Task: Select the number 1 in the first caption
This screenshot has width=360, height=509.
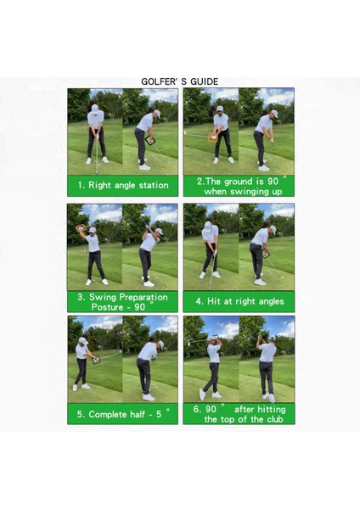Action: click(x=81, y=184)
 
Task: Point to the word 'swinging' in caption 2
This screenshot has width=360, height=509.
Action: click(x=248, y=192)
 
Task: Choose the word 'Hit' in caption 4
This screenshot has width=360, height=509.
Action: click(x=219, y=301)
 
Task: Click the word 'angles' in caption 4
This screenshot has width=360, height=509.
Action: click(x=272, y=301)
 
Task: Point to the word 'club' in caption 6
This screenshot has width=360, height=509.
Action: click(x=272, y=419)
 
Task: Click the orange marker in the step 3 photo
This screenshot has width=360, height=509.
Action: click(x=82, y=229)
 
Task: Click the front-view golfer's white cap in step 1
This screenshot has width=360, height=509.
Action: click(x=95, y=108)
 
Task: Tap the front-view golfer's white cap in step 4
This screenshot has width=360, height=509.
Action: click(x=208, y=226)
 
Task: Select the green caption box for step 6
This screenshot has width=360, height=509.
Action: click(x=239, y=413)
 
